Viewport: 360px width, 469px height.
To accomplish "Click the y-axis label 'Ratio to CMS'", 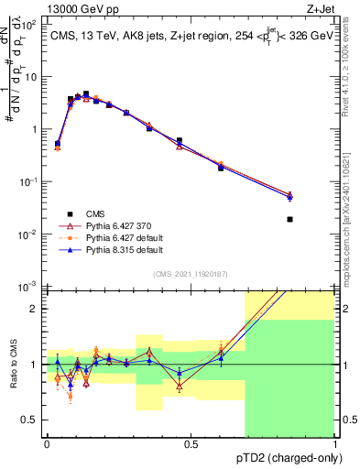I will (12, 365).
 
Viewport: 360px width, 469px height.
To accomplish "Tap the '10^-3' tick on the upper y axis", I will (29, 288).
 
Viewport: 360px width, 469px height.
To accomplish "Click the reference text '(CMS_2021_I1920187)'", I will (191, 272).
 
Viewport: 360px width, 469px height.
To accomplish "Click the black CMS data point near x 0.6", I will (221, 168).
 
